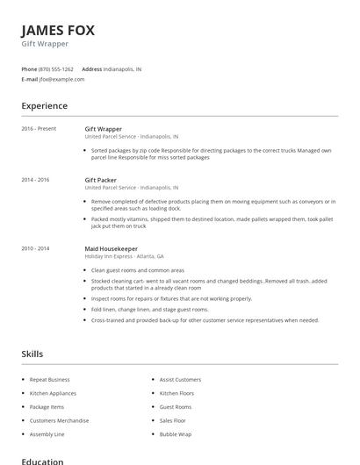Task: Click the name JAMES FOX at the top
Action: tap(58, 30)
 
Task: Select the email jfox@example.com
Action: tap(61, 79)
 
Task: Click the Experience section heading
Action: tap(44, 106)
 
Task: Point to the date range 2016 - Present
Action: tap(39, 129)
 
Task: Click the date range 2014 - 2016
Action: tap(35, 179)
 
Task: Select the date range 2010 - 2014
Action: tap(35, 248)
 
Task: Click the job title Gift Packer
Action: tap(100, 179)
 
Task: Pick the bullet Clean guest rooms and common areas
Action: tap(138, 270)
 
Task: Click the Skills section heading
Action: tap(32, 354)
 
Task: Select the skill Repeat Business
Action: tap(49, 379)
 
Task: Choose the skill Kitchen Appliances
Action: tap(53, 393)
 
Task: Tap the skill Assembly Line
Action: tap(47, 434)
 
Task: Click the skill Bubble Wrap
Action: tap(175, 434)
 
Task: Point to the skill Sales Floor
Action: tap(173, 420)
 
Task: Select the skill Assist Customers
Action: tap(180, 379)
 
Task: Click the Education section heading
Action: tap(42, 461)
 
